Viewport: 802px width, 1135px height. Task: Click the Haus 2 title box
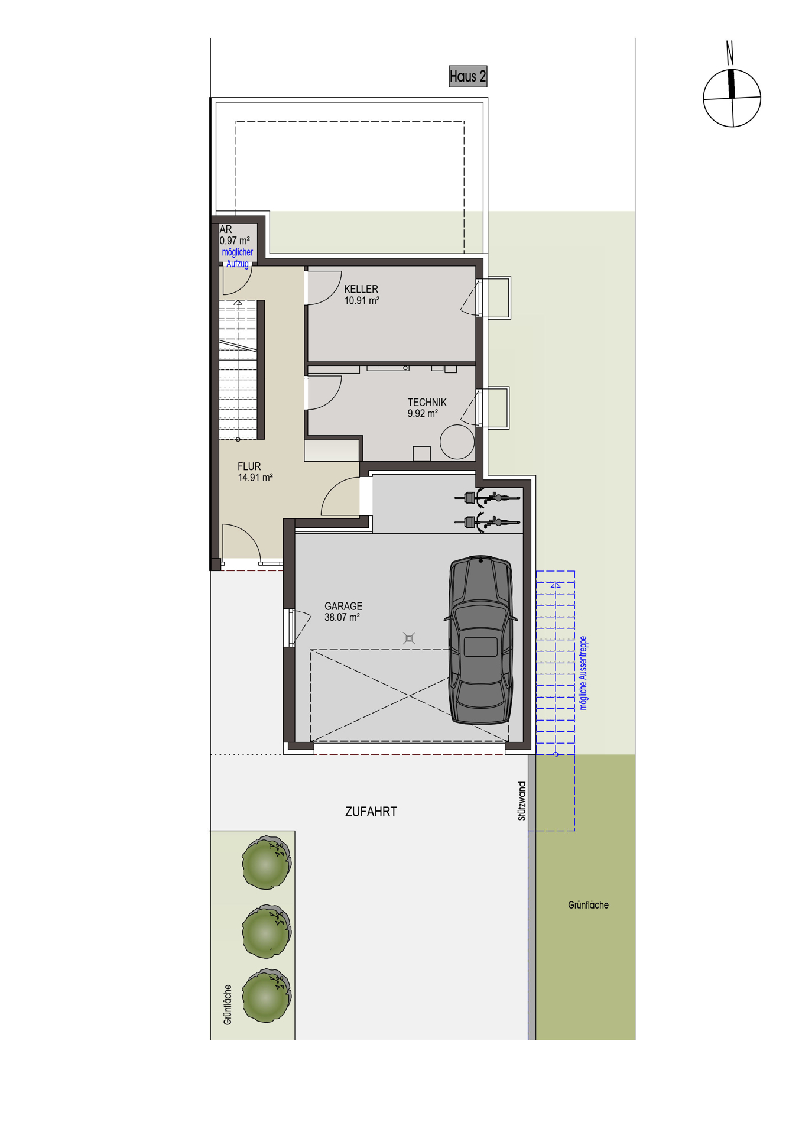[x=467, y=76]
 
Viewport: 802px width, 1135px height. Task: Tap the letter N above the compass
[x=730, y=52]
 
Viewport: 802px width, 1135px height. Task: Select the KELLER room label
[x=361, y=289]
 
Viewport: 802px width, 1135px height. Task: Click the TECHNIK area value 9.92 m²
[x=423, y=414]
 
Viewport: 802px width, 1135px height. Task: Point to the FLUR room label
[x=249, y=466]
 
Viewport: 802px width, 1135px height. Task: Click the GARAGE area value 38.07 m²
[x=342, y=617]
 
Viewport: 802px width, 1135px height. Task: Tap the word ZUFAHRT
[x=371, y=812]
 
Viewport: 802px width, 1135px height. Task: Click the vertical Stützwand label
[x=522, y=801]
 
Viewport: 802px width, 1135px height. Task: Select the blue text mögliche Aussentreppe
[x=583, y=673]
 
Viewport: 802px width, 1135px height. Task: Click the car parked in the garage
[x=480, y=640]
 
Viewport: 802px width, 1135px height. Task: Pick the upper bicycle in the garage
[x=486, y=498]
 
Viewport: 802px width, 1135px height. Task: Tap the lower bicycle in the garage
[x=486, y=522]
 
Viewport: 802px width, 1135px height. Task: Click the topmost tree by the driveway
[x=266, y=862]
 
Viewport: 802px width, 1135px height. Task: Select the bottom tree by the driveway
[x=266, y=995]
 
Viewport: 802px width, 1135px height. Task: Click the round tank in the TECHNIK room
[x=457, y=442]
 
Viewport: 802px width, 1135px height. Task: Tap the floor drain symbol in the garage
[x=409, y=638]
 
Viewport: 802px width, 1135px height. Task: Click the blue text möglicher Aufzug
[x=237, y=258]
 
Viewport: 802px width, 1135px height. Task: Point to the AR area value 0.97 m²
[x=235, y=241]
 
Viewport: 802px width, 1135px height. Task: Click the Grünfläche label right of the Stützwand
[x=588, y=905]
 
